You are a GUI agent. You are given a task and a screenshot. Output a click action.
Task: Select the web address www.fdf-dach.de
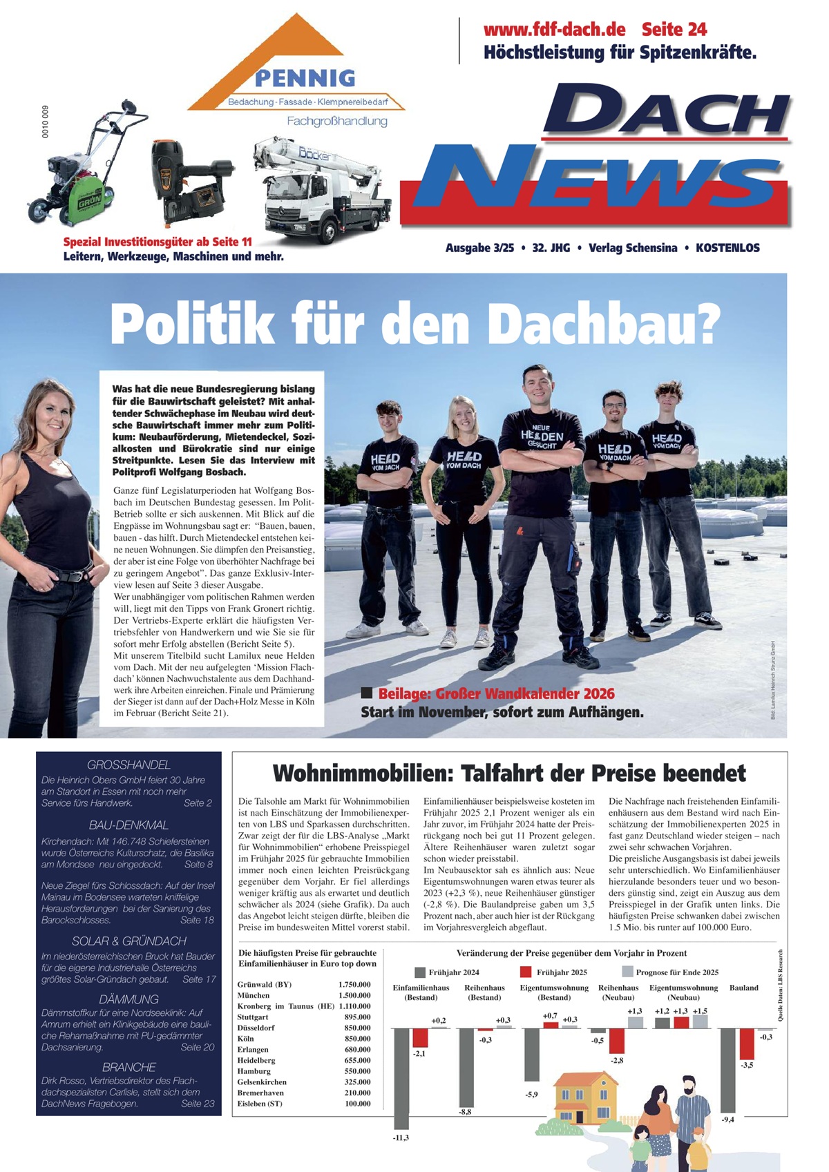coord(554,30)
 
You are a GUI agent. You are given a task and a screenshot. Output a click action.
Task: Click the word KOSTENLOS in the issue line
coord(727,248)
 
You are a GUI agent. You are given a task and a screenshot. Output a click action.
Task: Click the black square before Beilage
coord(367,693)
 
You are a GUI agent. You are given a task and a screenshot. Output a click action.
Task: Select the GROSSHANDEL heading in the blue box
coord(128,765)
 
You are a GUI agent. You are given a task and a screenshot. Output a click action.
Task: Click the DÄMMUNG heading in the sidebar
coord(128,999)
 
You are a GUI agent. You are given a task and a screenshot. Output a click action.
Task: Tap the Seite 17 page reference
coord(199,979)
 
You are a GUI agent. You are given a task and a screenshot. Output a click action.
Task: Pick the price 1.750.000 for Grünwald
coord(354,984)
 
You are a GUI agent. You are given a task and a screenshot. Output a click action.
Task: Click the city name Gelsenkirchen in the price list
coord(261,1082)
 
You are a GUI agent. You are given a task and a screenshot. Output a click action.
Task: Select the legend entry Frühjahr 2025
coord(561,972)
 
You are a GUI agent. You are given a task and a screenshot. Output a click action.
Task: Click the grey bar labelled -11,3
coord(401,1078)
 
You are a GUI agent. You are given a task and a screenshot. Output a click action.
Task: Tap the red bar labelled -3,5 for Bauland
coord(746,1043)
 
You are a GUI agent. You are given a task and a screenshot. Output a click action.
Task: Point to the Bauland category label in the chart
coord(743,988)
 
